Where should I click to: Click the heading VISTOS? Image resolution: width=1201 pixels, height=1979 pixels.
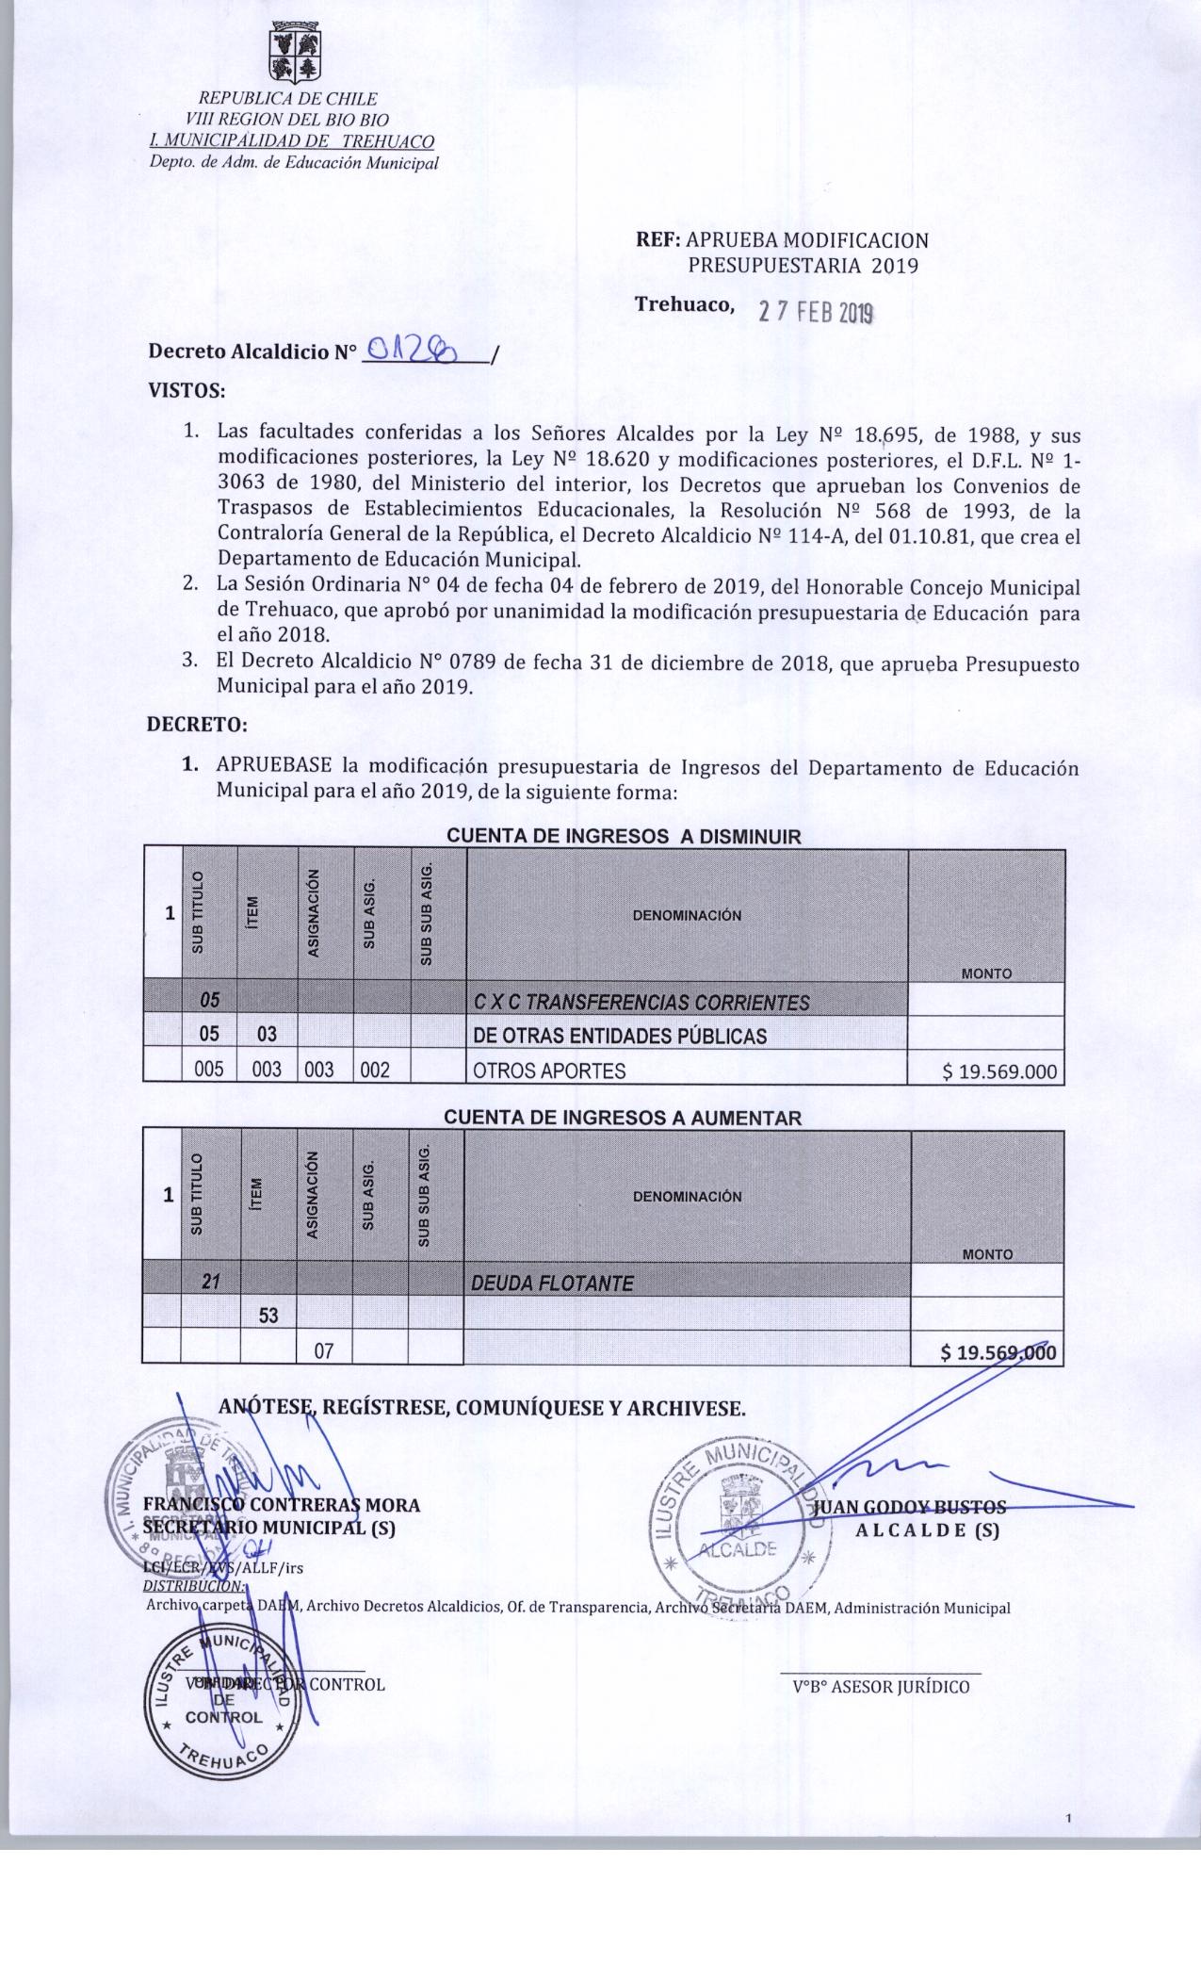(186, 389)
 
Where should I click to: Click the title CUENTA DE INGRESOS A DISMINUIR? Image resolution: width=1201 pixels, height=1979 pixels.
(623, 836)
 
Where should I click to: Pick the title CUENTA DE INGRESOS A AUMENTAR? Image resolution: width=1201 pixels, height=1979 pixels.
(623, 1118)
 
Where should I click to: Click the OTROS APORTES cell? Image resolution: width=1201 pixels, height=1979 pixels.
(549, 1071)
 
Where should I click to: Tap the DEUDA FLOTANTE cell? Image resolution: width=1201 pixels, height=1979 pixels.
(552, 1283)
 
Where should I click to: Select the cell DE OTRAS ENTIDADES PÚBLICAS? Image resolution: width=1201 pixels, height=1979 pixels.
(620, 1036)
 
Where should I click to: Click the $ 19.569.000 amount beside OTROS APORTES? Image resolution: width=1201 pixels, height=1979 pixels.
(999, 1071)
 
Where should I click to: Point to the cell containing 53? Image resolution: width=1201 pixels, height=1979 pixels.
(268, 1316)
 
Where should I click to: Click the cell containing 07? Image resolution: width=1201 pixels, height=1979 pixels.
(324, 1351)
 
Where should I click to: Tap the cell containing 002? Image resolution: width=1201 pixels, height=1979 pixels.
(375, 1071)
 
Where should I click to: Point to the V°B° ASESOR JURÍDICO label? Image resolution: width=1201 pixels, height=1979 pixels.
(881, 1687)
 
